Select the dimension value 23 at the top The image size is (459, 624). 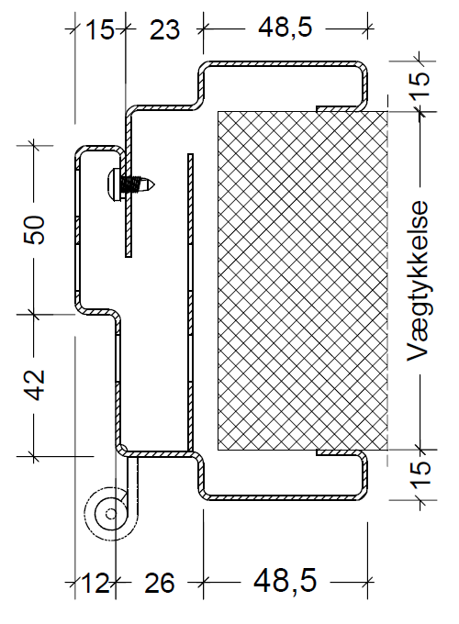pos(164,29)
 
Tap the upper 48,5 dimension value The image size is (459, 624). pos(285,28)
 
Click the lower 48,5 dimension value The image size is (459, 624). pos(286,581)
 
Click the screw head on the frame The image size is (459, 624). pos(114,184)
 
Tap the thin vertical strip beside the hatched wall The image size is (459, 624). pos(191,303)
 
